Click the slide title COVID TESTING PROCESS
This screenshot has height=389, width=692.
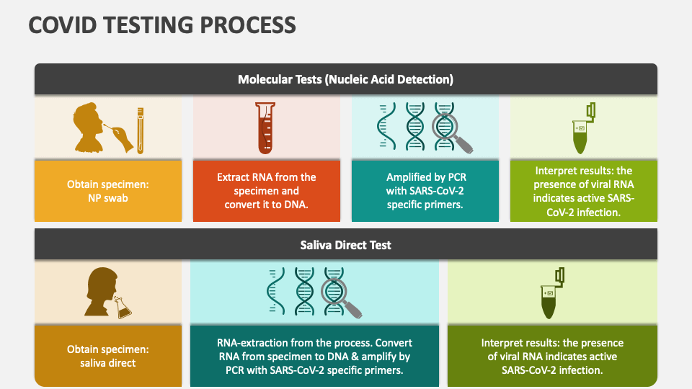pyautogui.click(x=162, y=24)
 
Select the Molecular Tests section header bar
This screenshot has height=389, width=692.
pyautogui.click(x=345, y=79)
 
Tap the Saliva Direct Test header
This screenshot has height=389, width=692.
pyautogui.click(x=345, y=245)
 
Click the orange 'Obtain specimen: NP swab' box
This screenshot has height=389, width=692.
pyautogui.click(x=108, y=191)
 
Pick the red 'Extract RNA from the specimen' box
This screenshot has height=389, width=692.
pyautogui.click(x=267, y=191)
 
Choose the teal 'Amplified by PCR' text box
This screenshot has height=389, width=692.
pyautogui.click(x=425, y=191)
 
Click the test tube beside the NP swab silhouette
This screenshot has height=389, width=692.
pyautogui.click(x=140, y=130)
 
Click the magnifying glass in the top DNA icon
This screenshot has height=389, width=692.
pyautogui.click(x=448, y=130)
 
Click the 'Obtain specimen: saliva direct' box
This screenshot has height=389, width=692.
pyautogui.click(x=108, y=356)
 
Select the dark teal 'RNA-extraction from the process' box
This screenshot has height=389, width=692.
pyautogui.click(x=314, y=356)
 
